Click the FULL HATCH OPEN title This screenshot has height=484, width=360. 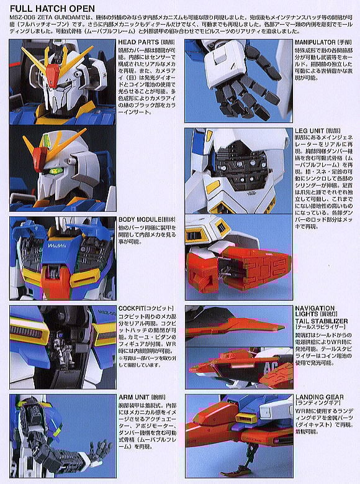click(x=52, y=8)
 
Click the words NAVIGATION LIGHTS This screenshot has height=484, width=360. click(x=315, y=311)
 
